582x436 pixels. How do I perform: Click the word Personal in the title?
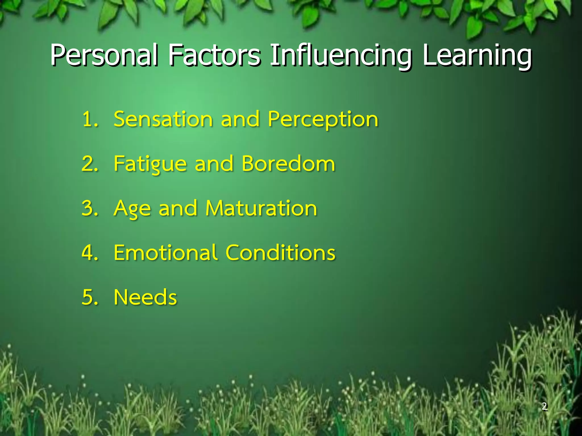point(104,55)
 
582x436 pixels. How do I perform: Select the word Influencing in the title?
point(341,55)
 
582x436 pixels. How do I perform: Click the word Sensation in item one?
point(163,119)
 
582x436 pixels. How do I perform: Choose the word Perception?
point(323,120)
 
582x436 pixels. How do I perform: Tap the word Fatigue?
point(150,164)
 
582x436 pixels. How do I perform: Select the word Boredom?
point(288,164)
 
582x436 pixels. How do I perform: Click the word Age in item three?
point(132,209)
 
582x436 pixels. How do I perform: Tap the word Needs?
point(145,297)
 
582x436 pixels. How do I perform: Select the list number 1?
point(89,119)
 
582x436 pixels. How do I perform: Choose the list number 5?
point(89,297)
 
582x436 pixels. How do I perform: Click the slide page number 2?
point(544,406)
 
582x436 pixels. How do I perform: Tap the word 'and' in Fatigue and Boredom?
point(214,164)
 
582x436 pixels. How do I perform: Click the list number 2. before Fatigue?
point(89,164)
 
